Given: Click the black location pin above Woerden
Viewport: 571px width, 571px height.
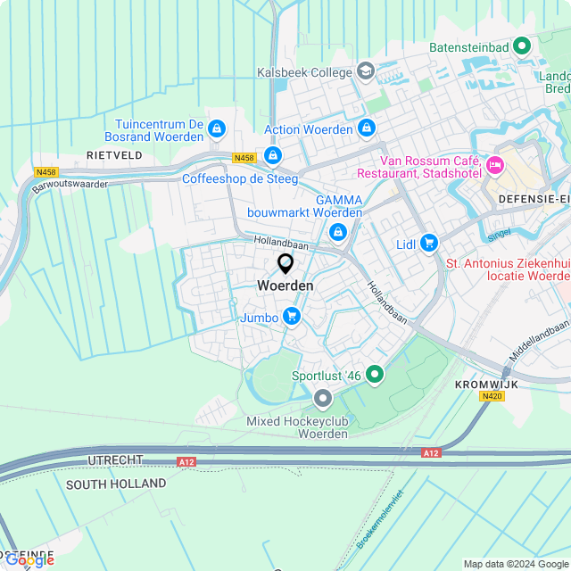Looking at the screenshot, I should [x=285, y=263].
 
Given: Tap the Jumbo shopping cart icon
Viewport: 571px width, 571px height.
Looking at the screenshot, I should [x=291, y=317].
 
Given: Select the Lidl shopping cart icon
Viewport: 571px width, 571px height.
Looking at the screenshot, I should [x=429, y=243].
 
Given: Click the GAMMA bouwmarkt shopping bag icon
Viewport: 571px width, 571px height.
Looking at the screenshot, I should [x=337, y=233].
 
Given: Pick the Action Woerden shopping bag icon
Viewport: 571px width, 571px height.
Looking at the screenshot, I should [x=366, y=129].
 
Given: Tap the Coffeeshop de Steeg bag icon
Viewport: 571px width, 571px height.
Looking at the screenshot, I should [x=273, y=157].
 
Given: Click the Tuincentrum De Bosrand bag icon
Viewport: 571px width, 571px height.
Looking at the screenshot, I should [x=216, y=131].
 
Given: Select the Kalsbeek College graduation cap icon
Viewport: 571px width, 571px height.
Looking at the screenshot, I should [x=365, y=70].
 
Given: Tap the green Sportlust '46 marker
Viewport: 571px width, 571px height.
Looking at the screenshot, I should [x=375, y=376].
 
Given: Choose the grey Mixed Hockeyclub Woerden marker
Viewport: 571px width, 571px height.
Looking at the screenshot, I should [x=322, y=399].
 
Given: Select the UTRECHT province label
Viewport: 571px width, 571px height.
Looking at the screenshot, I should [x=115, y=459].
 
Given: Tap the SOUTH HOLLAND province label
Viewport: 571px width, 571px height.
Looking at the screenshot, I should [x=116, y=484].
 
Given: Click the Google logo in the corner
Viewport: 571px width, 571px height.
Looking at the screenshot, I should [x=29, y=559].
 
